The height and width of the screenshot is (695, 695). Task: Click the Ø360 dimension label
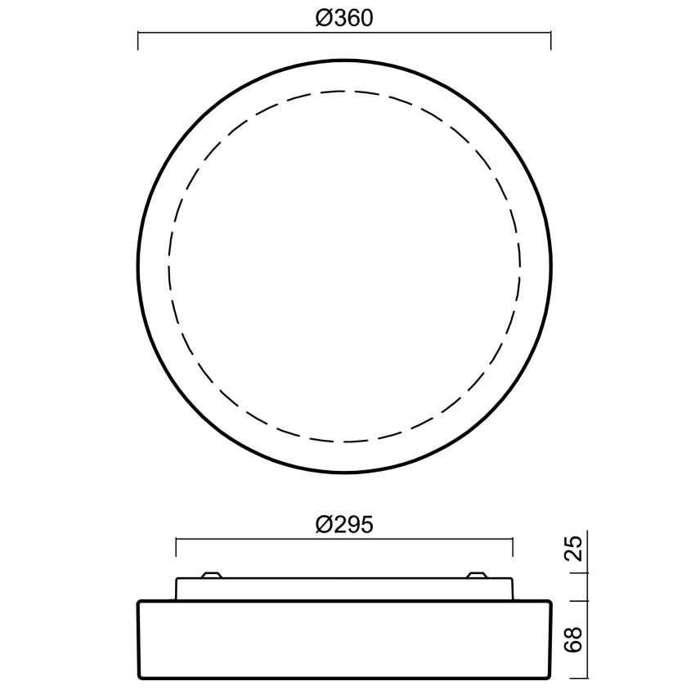pos(344,19)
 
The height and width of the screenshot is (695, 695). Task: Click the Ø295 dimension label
pos(344,525)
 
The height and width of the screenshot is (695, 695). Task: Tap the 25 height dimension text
pos(574,549)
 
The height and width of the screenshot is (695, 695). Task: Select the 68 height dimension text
pos(574,639)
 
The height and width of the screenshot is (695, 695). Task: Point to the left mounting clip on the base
pos(212,575)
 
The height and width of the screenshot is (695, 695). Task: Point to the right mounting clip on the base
pos(477,575)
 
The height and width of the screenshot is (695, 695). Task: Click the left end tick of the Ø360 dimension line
pos(138,41)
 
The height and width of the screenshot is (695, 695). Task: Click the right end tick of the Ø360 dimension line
pos(550,41)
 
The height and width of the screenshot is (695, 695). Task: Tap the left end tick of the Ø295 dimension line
pos(176,547)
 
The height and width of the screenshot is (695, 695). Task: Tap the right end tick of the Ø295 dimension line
pos(513,547)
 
